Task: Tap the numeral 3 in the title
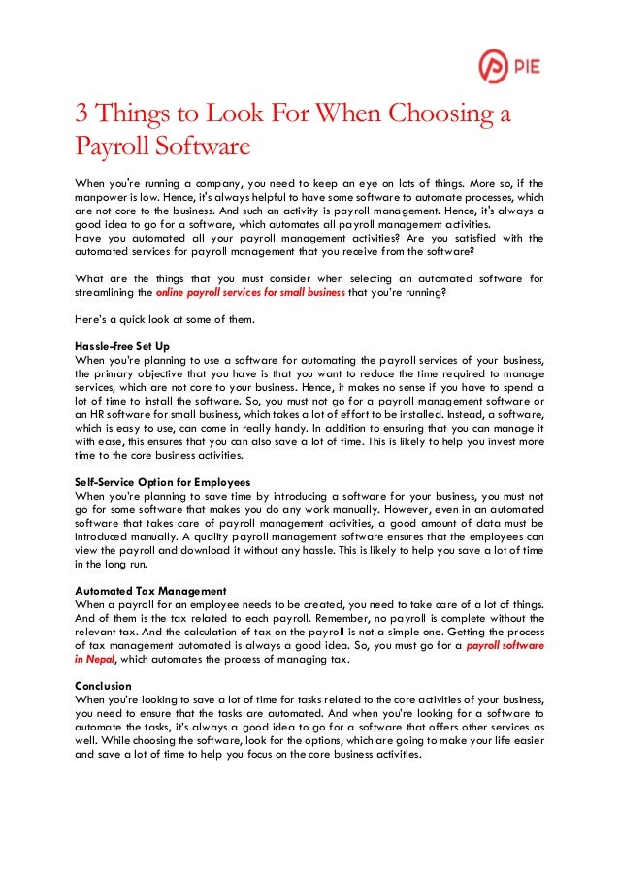tap(82, 115)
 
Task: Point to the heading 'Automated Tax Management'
tap(150, 590)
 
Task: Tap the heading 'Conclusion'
tap(106, 685)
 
